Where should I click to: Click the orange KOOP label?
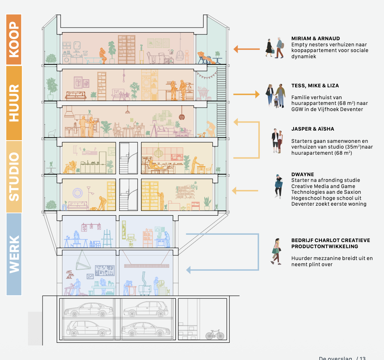point(14,39)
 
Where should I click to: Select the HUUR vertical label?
point(14,103)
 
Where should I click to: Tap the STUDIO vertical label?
point(14,177)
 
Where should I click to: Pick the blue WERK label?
point(14,254)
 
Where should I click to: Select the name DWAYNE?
point(303,174)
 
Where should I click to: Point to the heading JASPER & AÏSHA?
point(312,129)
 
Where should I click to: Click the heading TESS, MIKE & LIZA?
point(315,86)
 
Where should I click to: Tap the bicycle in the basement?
point(215,335)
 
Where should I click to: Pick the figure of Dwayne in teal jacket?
point(278,186)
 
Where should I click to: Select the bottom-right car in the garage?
point(146,329)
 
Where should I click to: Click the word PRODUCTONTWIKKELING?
point(325,246)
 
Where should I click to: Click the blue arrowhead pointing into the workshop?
point(189,270)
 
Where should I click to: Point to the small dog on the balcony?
point(202,134)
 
